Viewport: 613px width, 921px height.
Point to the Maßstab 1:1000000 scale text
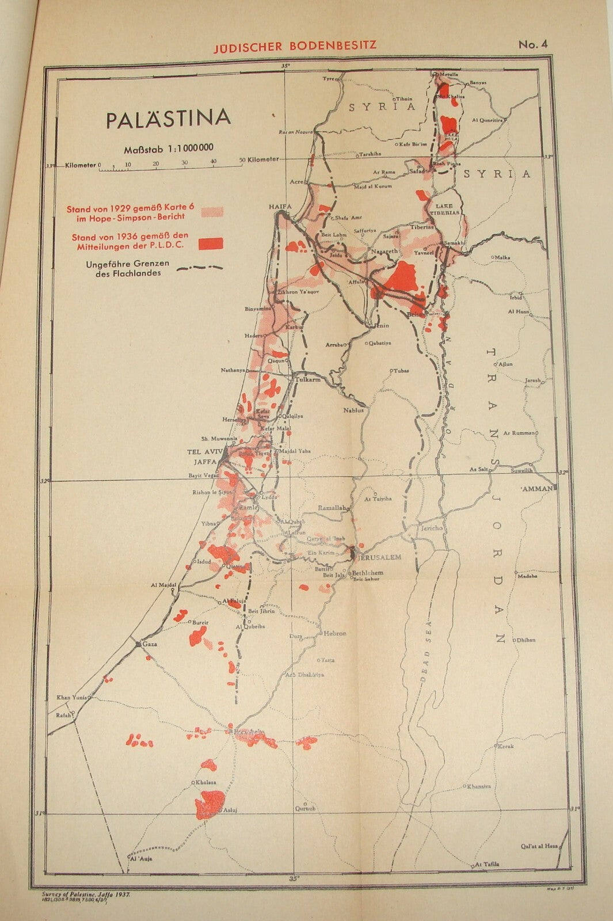pos(169,149)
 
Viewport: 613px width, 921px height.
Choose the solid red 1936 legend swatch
pos(211,243)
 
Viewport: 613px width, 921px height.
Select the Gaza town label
pos(149,645)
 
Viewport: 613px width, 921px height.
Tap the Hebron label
pos(335,633)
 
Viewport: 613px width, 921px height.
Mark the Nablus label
pos(354,410)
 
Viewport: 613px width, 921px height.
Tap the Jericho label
pos(431,528)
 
